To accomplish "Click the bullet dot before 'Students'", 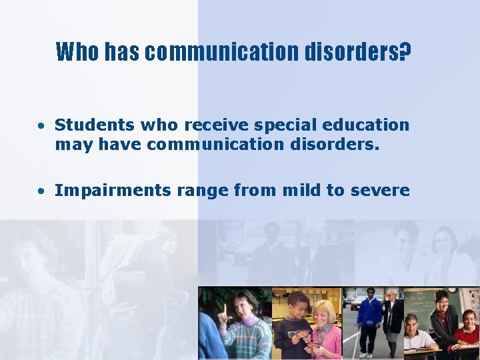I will click(x=41, y=125).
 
